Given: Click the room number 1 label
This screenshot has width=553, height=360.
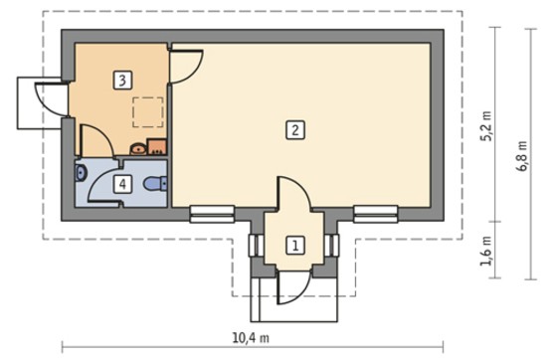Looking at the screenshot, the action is coord(294,245).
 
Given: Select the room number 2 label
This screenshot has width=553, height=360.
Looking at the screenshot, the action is coord(294,130).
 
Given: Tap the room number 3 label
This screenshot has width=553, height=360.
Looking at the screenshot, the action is coord(122,80).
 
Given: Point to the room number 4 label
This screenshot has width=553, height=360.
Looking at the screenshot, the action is coord(122,184).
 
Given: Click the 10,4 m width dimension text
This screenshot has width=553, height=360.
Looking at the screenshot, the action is coord(251,338).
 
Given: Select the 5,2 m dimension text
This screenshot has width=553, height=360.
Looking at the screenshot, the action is coord(486,126).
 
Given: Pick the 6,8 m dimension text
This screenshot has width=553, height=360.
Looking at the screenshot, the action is coord(522,156).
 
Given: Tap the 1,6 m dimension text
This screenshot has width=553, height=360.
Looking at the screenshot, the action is coord(486,251).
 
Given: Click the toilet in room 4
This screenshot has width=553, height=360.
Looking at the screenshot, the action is coord(155,183).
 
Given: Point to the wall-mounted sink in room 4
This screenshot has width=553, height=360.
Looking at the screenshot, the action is coord(81,172).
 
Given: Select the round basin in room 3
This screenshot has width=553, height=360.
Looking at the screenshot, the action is coord(138,149).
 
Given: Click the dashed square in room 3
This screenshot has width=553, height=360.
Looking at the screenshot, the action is coord(148,112).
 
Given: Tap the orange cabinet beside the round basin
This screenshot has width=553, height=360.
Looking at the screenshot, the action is coord(156,146).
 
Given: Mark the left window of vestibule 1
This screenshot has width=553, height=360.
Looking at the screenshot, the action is coord(257,245).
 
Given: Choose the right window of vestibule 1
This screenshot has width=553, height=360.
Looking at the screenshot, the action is coord(331,245).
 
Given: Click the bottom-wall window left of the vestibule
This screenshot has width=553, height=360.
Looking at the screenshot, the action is coord(212,214).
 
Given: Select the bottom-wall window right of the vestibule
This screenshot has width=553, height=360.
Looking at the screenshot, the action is coord(376,214).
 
